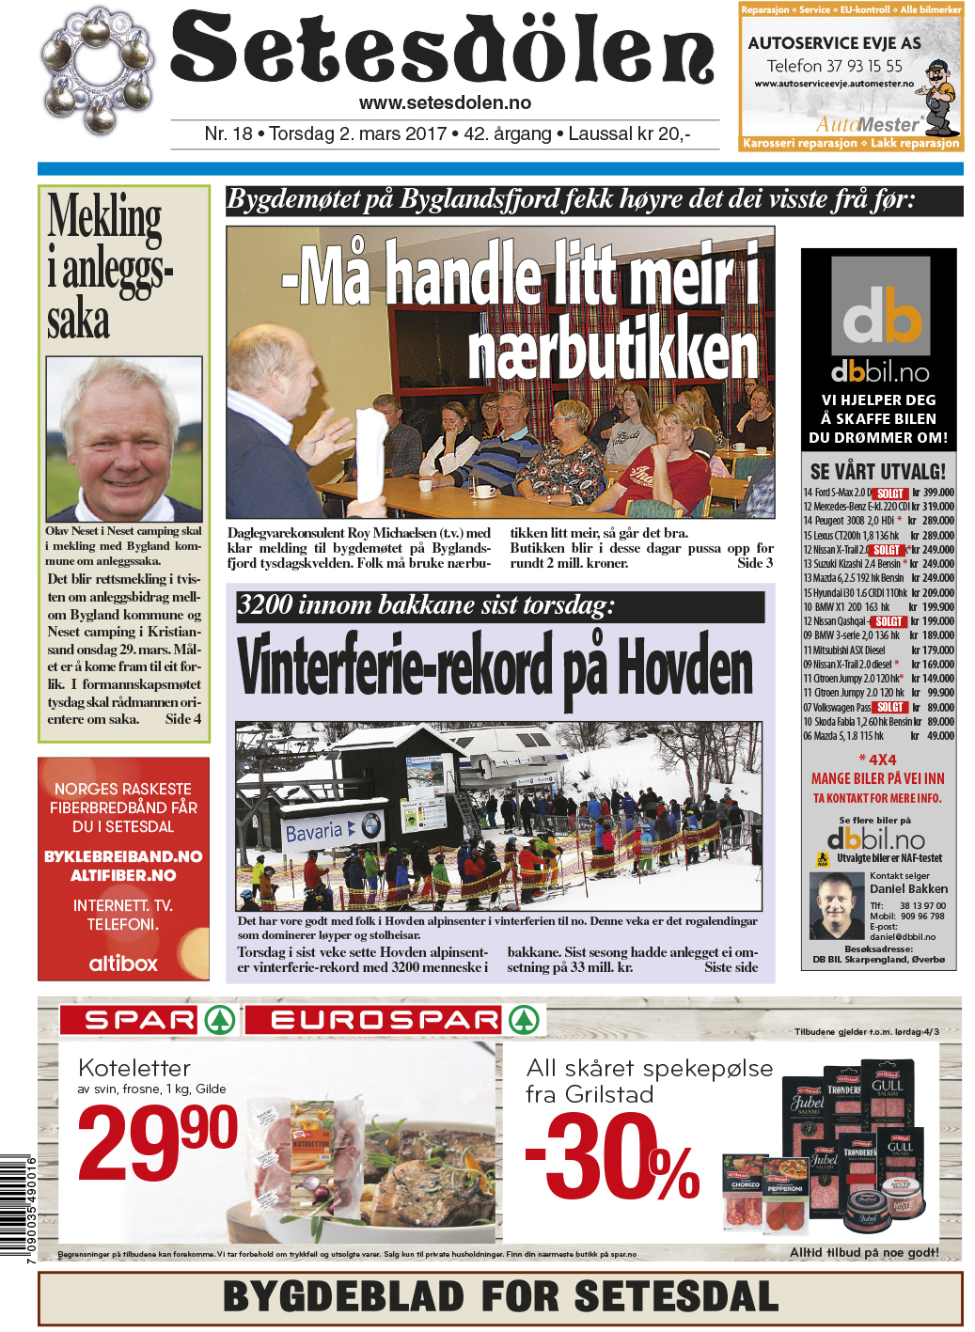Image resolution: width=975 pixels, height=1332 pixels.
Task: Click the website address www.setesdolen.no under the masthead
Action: [445, 103]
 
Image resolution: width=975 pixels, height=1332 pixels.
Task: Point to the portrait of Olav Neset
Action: [123, 439]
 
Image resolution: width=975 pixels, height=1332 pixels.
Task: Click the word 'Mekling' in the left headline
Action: [104, 216]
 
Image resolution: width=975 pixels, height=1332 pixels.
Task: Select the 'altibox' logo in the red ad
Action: [123, 963]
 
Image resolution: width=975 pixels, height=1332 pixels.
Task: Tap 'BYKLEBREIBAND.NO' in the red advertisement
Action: [123, 856]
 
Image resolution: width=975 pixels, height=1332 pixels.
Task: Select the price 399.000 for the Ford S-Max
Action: [937, 493]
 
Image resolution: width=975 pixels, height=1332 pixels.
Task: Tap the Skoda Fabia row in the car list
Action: [878, 722]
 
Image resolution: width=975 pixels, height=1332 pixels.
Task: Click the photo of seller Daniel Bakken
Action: [836, 906]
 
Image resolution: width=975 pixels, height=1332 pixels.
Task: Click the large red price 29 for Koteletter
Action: [132, 1142]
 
